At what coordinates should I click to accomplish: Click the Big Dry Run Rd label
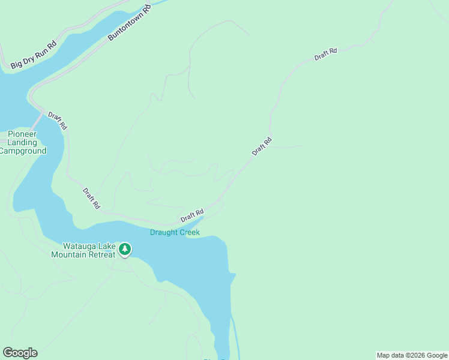click(x=34, y=55)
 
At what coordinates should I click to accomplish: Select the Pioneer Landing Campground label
click(x=22, y=142)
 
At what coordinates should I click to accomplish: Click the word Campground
click(x=22, y=151)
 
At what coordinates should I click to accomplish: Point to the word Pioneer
click(x=23, y=134)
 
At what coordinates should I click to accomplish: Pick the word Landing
click(x=23, y=142)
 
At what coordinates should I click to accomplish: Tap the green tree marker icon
click(x=125, y=249)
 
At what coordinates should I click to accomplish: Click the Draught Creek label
click(x=175, y=232)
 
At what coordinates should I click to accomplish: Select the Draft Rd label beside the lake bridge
click(x=58, y=121)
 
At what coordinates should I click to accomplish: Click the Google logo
click(x=20, y=353)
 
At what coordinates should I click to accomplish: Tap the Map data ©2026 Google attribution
click(x=412, y=355)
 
